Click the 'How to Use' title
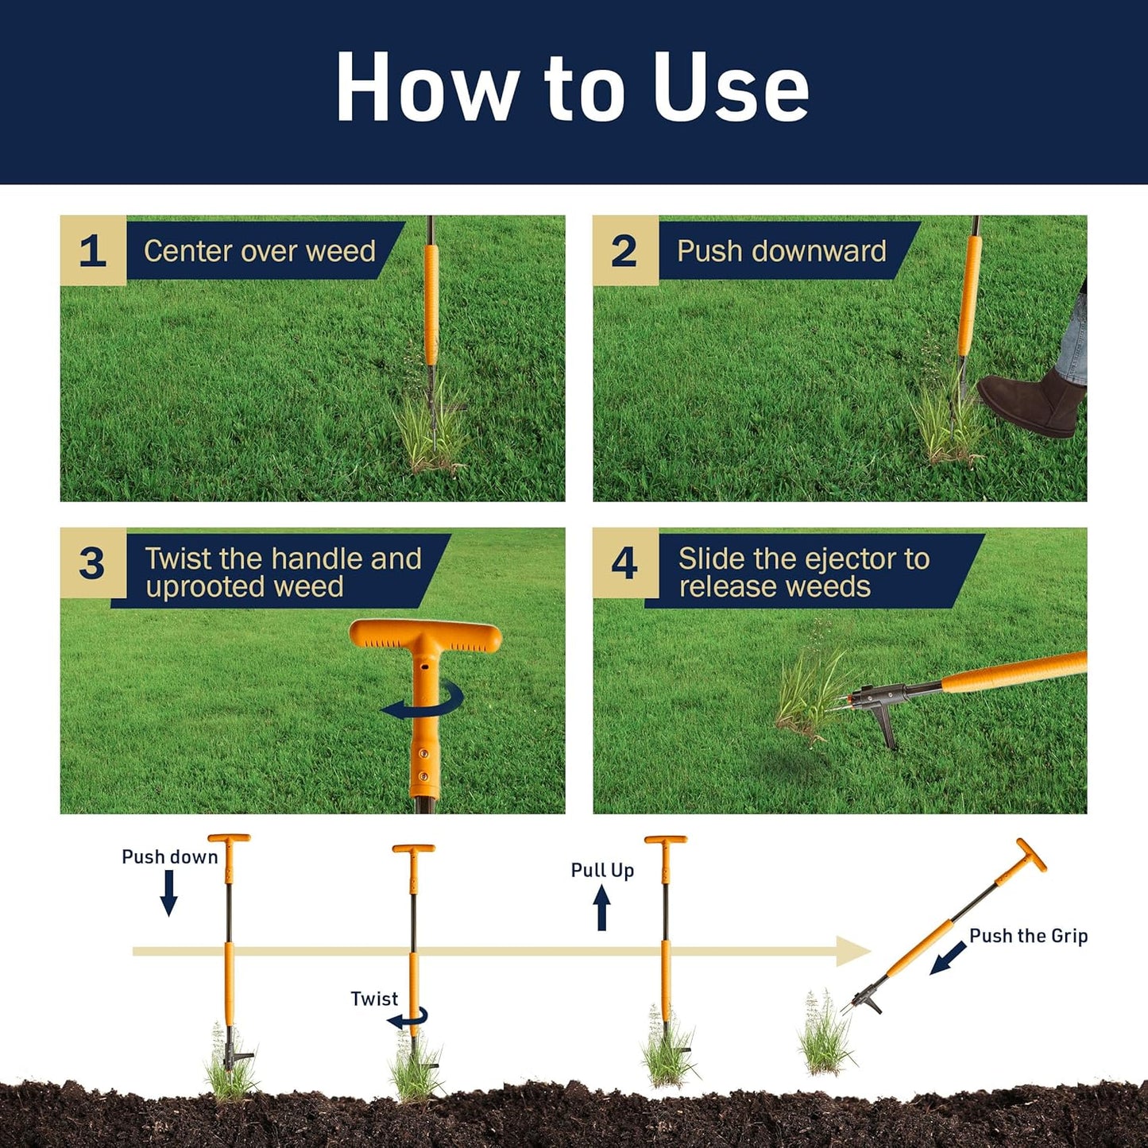[x=572, y=87]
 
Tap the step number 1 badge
[x=93, y=251]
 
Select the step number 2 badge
[x=624, y=251]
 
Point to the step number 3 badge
[x=92, y=563]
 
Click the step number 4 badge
[x=624, y=563]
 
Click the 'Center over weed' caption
[x=260, y=251]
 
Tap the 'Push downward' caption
[x=781, y=251]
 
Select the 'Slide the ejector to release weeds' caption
[x=803, y=572]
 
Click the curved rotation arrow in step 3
[x=423, y=702]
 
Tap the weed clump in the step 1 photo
[x=430, y=433]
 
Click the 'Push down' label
[x=169, y=856]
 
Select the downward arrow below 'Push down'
[x=168, y=893]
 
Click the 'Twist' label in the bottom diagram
[x=374, y=999]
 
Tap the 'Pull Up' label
[x=602, y=870]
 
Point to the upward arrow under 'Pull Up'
[x=602, y=907]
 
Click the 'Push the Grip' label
[x=1028, y=936]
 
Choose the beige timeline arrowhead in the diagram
[x=855, y=951]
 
